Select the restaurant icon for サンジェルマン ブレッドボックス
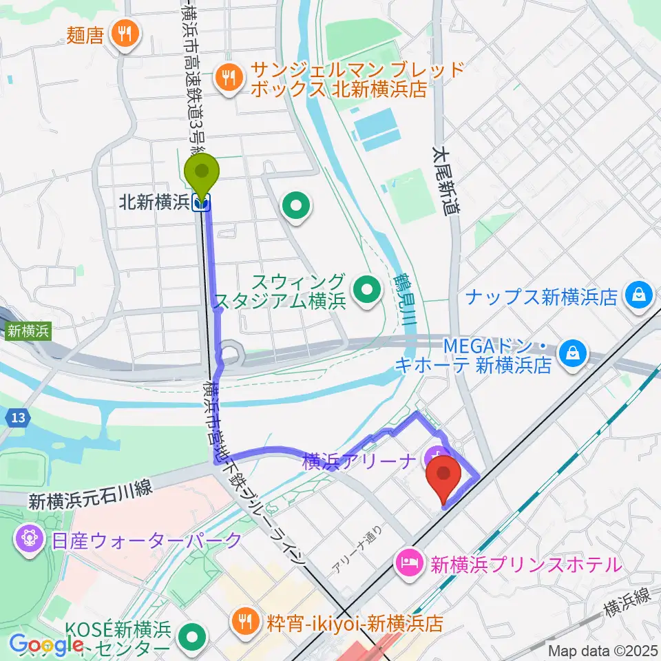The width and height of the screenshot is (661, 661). click(x=229, y=78)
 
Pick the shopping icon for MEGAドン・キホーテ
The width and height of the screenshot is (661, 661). click(x=571, y=354)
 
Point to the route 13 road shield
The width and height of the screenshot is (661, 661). click(x=19, y=417)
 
